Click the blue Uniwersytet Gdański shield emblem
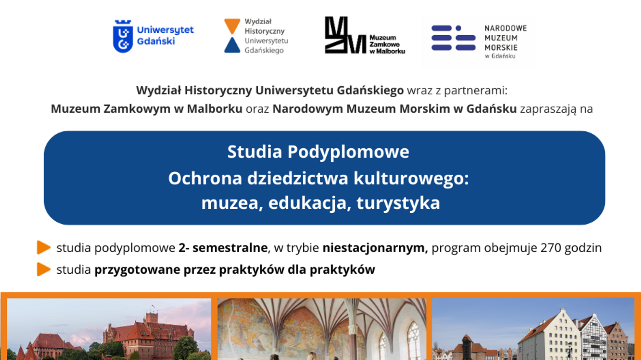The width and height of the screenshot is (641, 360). coord(123,36)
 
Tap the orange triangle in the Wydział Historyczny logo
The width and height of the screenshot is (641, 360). coord(232,26)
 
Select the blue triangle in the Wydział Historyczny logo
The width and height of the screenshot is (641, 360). coord(232,45)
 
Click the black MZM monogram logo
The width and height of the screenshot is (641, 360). coord(345,35)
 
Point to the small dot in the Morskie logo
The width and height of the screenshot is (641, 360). coord(458,28)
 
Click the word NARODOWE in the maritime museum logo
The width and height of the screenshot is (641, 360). coord(506,28)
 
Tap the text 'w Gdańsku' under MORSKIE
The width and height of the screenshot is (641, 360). coord(500,56)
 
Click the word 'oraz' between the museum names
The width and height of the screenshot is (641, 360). coord(257,109)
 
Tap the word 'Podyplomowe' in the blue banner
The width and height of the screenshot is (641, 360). coord(348,152)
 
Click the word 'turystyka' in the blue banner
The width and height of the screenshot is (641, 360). coord(398,203)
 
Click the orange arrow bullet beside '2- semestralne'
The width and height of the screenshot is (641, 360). coord(44,248)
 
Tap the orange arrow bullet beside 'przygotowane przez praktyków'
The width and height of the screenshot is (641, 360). coord(44,269)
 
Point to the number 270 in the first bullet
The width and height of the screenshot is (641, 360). coord(551,248)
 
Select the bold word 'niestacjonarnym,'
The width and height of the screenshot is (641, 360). coord(375,248)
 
